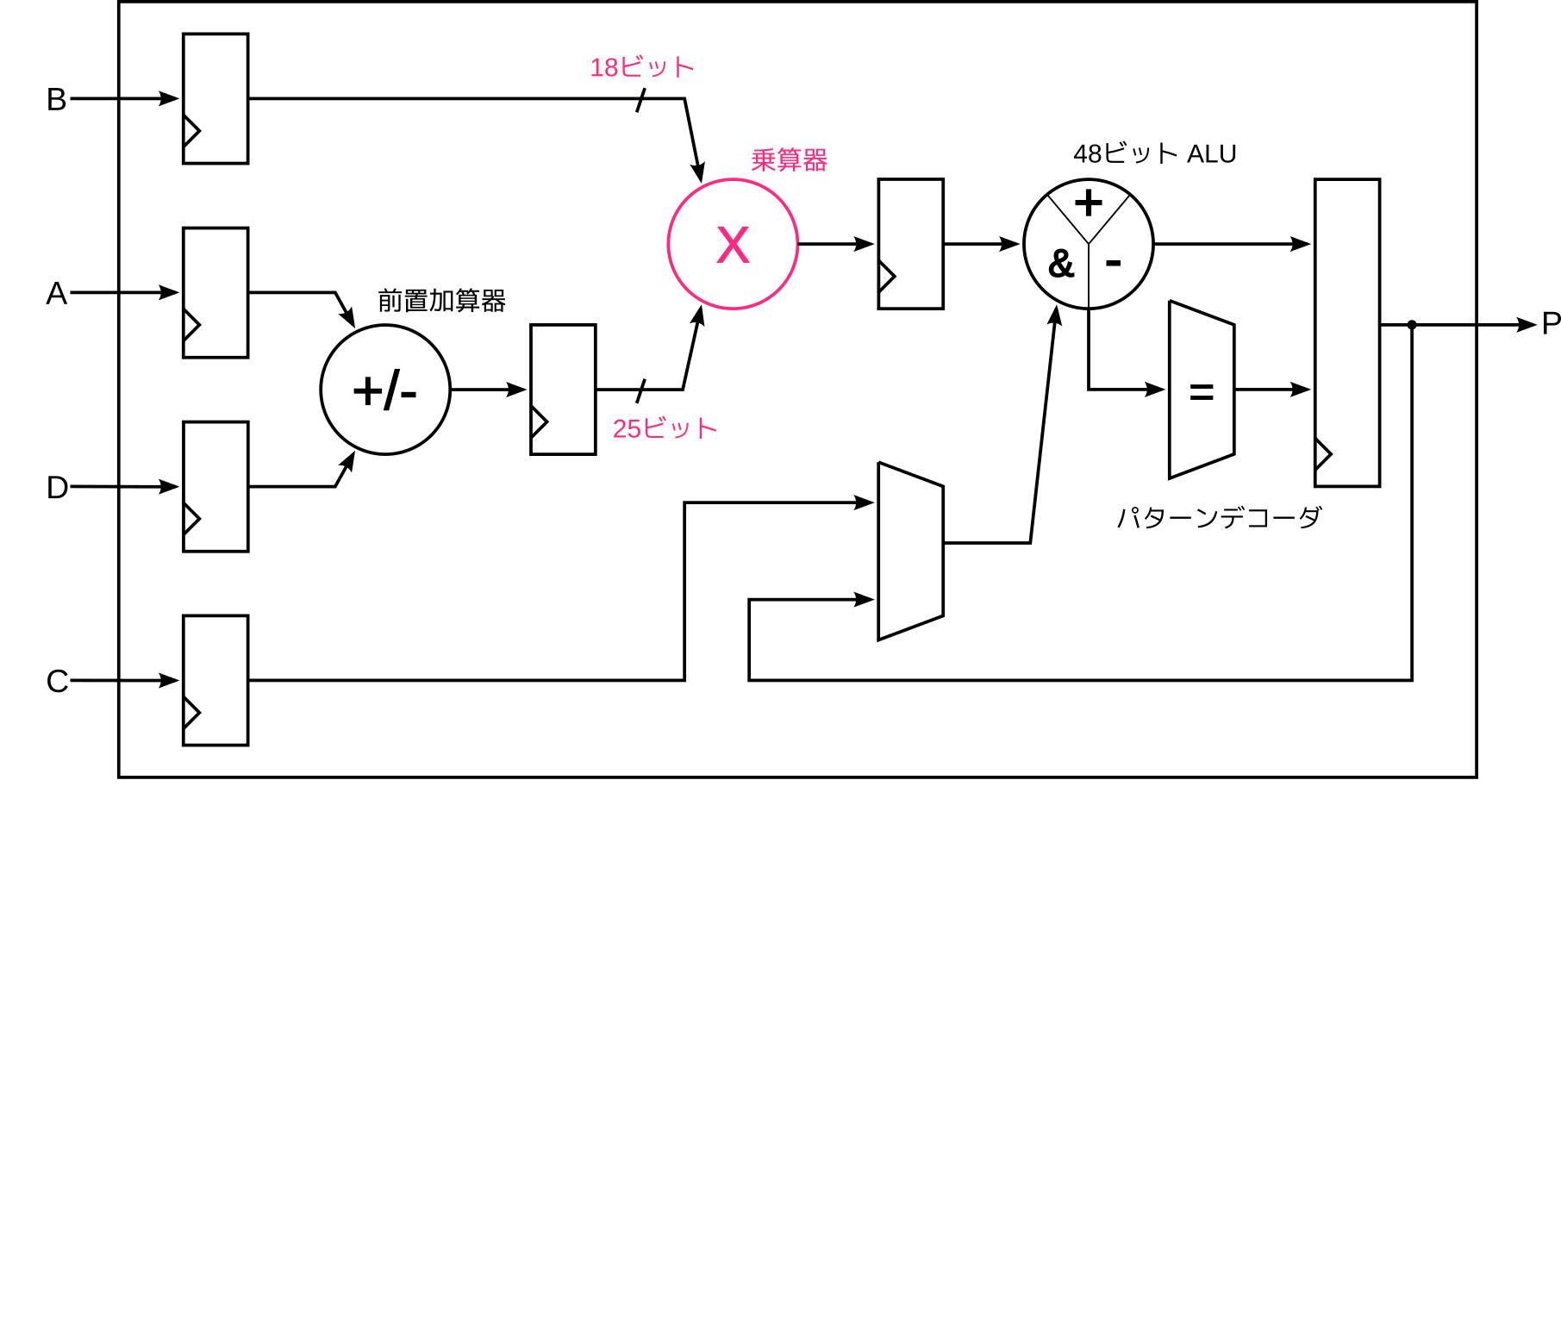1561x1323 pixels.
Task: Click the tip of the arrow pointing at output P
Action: click(1537, 325)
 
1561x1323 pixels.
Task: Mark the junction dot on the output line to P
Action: click(1412, 325)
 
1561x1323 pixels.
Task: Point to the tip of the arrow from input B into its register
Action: click(179, 99)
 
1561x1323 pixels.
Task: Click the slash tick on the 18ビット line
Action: click(640, 100)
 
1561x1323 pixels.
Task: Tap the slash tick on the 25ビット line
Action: click(640, 390)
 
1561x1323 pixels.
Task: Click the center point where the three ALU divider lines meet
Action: click(1089, 244)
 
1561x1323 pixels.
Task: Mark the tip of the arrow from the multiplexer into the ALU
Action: click(1056, 305)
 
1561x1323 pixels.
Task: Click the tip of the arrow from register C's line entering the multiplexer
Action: click(875, 502)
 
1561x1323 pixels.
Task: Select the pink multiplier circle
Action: click(733, 244)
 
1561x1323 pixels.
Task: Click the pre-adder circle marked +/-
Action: click(385, 390)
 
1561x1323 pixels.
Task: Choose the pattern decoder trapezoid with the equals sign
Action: click(1202, 390)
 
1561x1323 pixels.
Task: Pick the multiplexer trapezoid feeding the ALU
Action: click(910, 552)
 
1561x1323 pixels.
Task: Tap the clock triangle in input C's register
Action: click(191, 713)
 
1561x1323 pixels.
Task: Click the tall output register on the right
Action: click(1347, 333)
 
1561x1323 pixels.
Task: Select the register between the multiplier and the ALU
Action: click(910, 244)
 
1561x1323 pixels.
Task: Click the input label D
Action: click(57, 488)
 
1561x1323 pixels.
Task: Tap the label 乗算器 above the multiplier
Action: click(790, 159)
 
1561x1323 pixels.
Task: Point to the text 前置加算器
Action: click(441, 301)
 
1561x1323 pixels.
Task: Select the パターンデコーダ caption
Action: click(1219, 517)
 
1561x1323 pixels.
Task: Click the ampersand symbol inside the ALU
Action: click(1061, 264)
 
